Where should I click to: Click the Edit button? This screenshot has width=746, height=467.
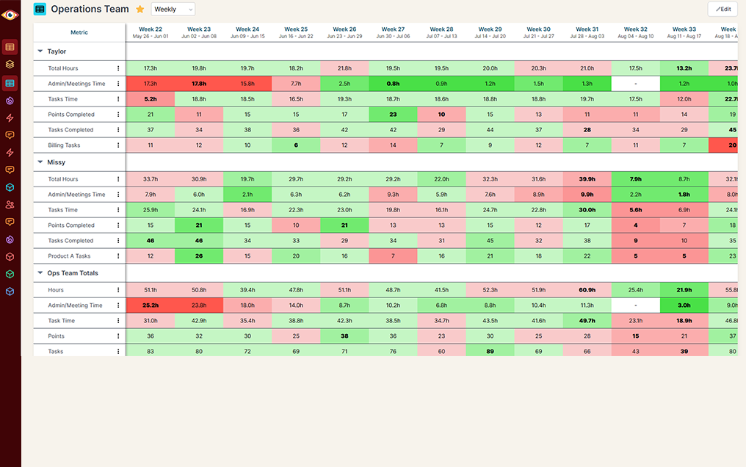723,9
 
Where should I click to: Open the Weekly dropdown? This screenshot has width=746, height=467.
173,9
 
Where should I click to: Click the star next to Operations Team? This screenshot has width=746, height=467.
140,10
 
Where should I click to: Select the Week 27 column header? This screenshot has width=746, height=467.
393,32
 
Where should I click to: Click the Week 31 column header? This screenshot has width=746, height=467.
587,32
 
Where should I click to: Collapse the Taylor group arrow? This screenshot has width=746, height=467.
40,51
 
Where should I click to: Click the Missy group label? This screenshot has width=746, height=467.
57,162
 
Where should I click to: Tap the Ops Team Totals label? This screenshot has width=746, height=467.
73,273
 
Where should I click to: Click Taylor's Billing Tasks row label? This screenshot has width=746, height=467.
64,145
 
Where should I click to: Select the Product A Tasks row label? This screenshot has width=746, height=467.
69,256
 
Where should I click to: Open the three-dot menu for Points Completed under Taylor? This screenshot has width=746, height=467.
118,115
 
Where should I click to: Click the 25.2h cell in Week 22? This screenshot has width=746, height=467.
150,305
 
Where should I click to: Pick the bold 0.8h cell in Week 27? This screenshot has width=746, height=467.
393,84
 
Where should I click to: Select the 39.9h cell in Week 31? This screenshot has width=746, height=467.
587,179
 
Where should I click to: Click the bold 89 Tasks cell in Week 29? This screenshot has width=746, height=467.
490,352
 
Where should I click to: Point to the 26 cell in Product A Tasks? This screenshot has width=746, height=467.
198,256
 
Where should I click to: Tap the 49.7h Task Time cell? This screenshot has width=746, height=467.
587,321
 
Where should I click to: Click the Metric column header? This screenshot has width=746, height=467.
79,32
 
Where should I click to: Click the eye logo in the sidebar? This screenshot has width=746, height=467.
10,15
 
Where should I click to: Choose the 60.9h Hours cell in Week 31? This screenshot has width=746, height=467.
587,290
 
